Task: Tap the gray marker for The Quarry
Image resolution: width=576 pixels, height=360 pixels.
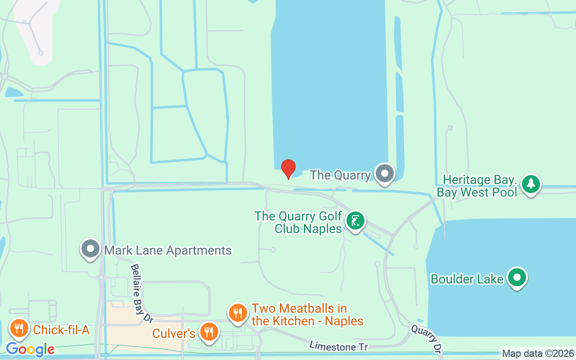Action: (385, 173)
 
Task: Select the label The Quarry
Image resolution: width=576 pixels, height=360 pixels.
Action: (340, 175)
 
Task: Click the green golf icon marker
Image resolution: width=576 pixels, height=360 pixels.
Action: (355, 221)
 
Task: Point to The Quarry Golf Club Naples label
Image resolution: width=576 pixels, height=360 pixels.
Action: (298, 222)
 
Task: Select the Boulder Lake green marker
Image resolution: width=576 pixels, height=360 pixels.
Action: (517, 277)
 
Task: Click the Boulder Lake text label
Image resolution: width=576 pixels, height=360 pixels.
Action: (467, 279)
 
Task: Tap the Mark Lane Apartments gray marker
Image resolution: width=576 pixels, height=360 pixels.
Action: (90, 248)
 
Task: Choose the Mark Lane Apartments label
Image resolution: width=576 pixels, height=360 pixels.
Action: (168, 250)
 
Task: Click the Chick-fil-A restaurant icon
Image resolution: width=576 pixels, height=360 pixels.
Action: (18, 328)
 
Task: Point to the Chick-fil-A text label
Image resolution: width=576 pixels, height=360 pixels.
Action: (61, 330)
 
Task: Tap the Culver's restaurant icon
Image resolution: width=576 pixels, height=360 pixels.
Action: (208, 332)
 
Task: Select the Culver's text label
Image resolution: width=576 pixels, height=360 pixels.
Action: (174, 333)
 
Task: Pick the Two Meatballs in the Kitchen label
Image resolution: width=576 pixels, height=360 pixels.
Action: (307, 315)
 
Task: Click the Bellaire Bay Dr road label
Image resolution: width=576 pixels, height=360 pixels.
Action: (141, 293)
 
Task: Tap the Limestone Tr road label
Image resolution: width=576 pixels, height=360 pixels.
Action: (338, 346)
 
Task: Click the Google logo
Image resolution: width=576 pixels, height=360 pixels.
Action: (30, 349)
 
